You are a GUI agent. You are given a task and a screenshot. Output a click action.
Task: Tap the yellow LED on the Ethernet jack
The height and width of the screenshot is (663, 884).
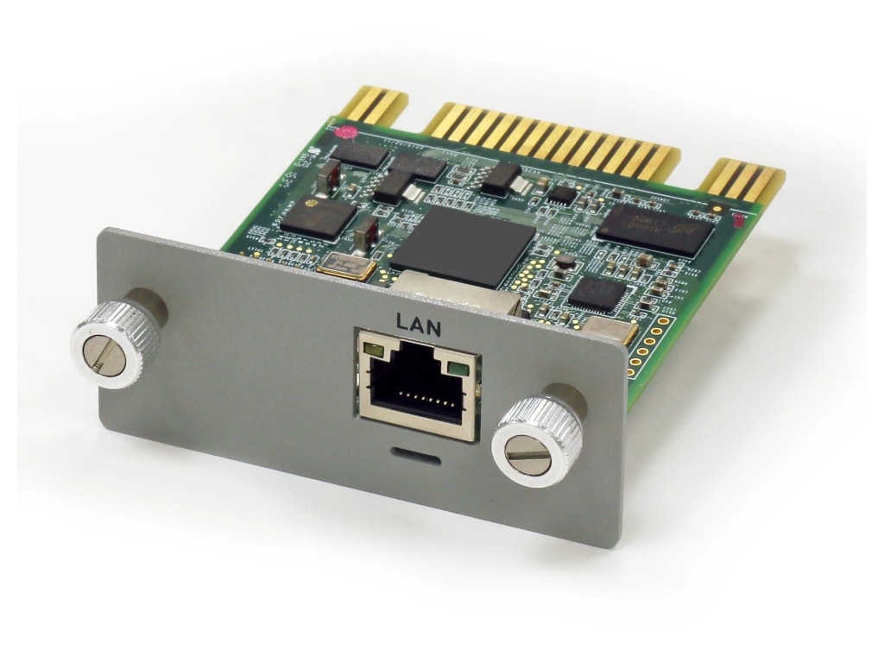coord(374,350)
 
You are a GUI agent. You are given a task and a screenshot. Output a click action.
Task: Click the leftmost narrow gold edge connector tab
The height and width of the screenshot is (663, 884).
coord(372,106)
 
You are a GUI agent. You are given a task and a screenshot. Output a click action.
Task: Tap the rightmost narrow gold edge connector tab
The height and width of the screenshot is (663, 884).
coord(742,184)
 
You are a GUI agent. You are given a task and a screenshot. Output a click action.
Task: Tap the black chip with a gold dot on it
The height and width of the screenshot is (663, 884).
coord(318,215)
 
